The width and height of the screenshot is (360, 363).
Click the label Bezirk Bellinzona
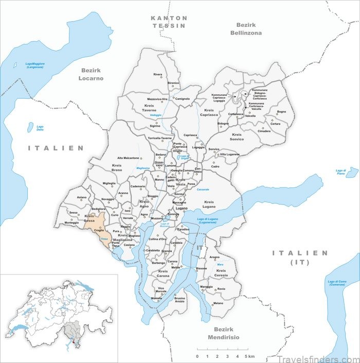click(248, 28)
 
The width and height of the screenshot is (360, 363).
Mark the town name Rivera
click(157, 74)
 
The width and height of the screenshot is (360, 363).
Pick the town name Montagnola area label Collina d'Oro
click(157, 239)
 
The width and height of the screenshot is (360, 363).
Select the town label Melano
click(219, 303)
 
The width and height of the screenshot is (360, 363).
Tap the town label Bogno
click(281, 112)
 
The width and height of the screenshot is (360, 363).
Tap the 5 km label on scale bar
click(249, 356)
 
